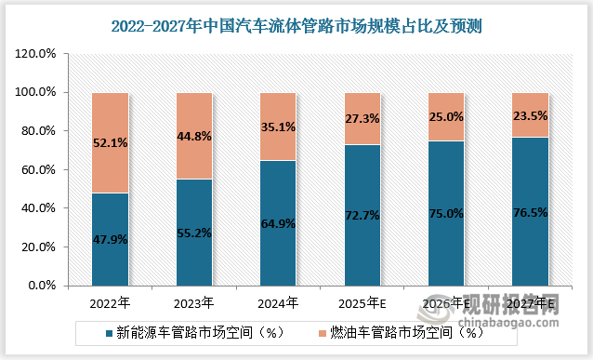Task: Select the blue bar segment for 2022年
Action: pos(110,240)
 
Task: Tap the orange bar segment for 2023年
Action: pos(194,136)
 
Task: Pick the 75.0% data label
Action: pos(447,212)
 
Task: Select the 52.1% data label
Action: pos(110,143)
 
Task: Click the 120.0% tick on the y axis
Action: pos(38,54)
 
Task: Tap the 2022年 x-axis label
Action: pos(110,303)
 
